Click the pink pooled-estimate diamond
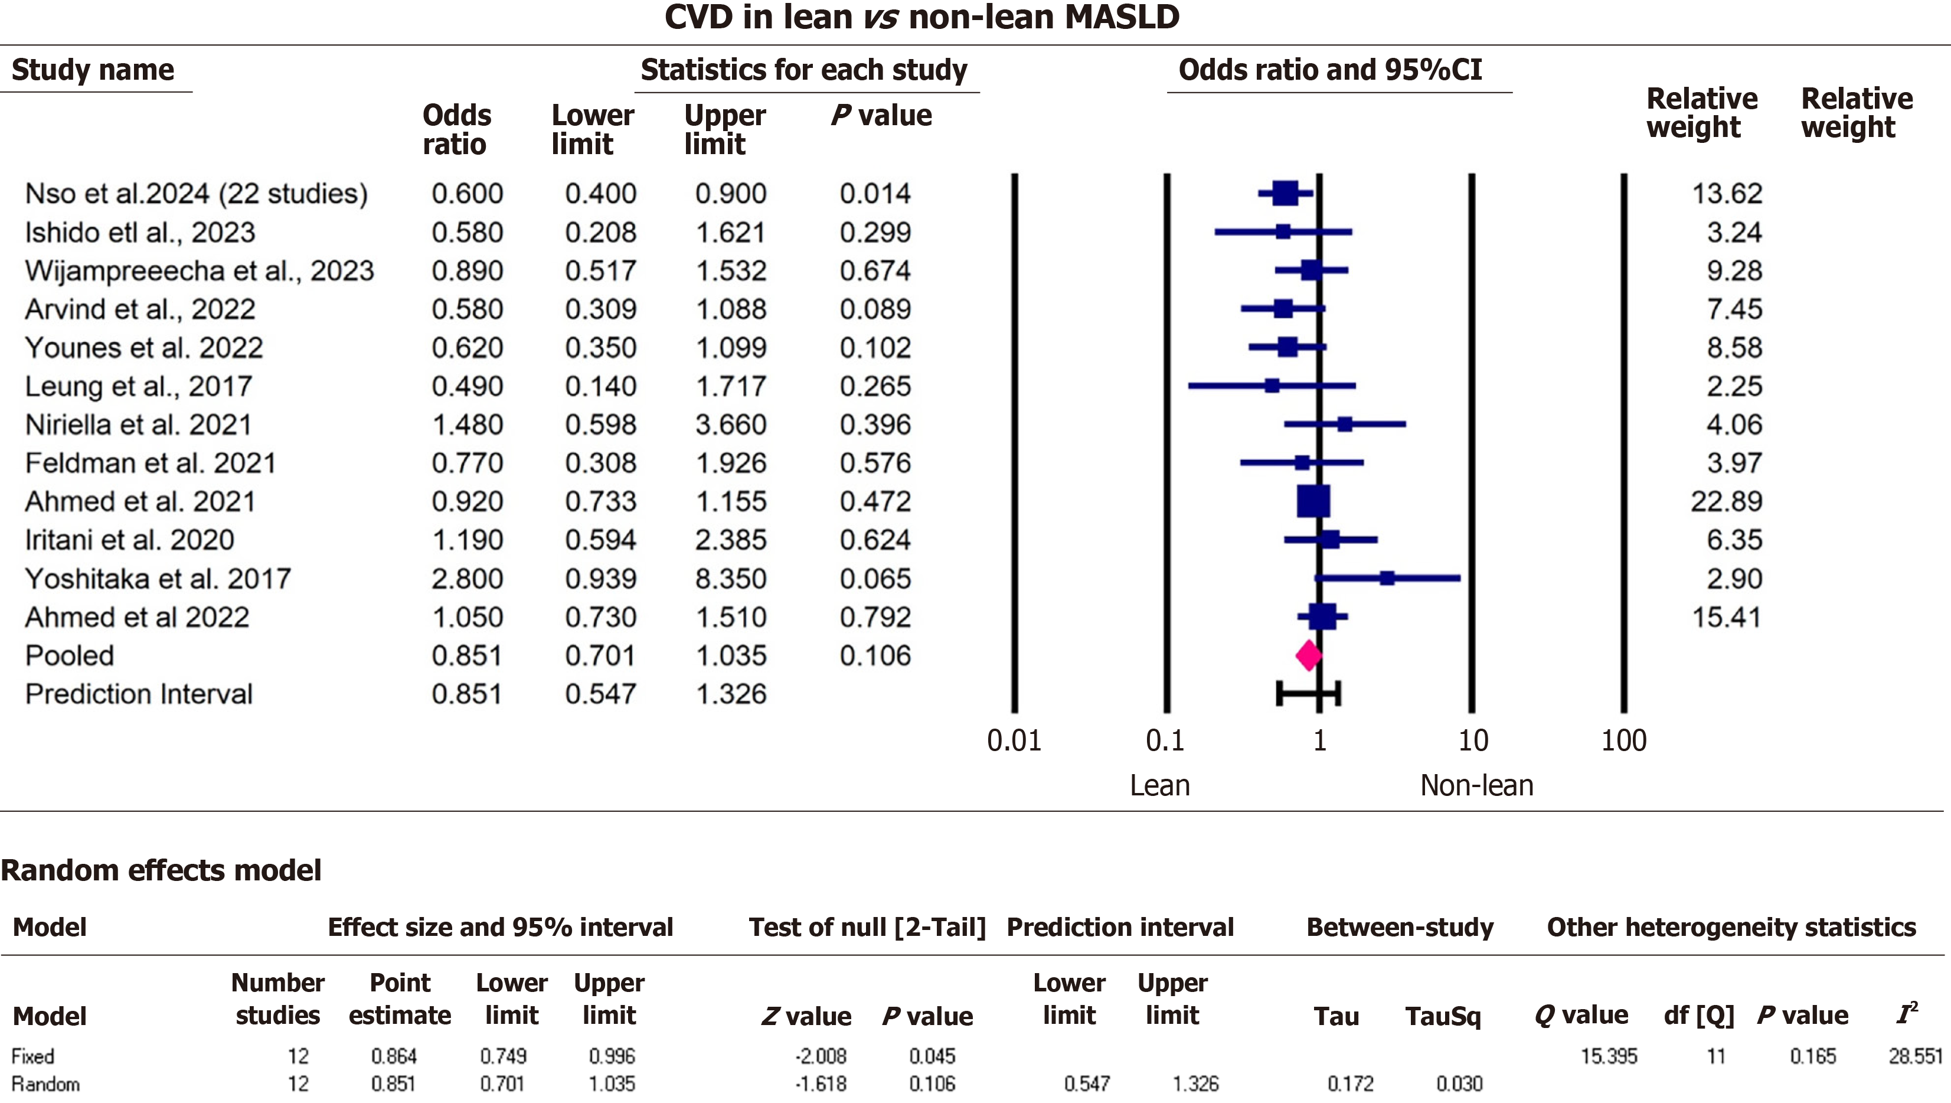coord(1309,655)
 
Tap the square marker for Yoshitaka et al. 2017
coord(1387,578)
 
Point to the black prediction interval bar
coord(1308,693)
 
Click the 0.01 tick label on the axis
coord(1014,740)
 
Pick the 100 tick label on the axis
coord(1623,740)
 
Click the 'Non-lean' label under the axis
coord(1476,785)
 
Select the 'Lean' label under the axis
coord(1159,785)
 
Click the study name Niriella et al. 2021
coord(138,424)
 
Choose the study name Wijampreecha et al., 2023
coord(199,270)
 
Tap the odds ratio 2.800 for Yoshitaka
coord(468,579)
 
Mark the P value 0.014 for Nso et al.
coord(875,193)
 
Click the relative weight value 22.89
coord(1726,501)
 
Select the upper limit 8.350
coord(731,579)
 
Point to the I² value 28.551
coord(1914,1055)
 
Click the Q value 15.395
coord(1608,1055)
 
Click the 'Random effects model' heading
coord(161,870)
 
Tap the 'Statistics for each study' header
coord(803,70)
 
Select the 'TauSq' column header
coord(1443,1016)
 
